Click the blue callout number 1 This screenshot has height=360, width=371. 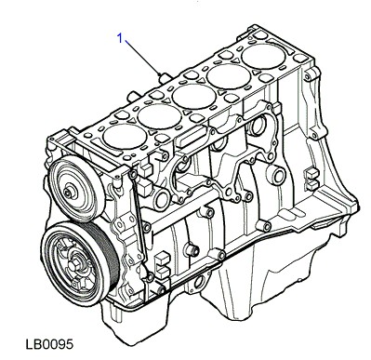[x=120, y=38]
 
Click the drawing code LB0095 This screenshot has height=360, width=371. [x=49, y=344]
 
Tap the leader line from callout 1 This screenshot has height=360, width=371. [x=142, y=57]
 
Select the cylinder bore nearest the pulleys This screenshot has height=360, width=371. [x=125, y=137]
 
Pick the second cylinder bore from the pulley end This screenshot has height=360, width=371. [x=159, y=116]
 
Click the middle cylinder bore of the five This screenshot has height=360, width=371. [x=194, y=97]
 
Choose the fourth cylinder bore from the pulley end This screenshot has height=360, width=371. [x=229, y=76]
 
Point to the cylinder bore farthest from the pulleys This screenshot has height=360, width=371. [x=263, y=57]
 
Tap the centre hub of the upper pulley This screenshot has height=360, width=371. [x=68, y=193]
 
